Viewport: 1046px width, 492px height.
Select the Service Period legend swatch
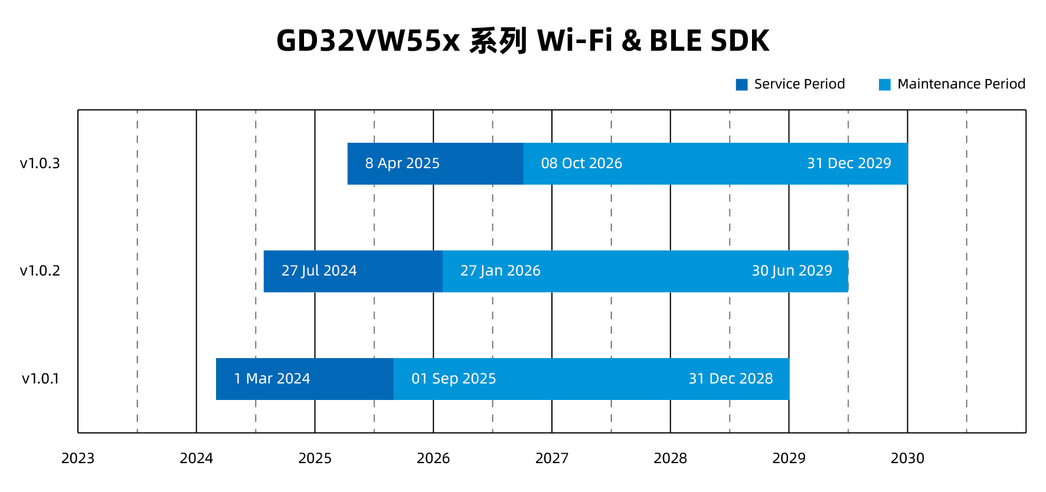tap(741, 84)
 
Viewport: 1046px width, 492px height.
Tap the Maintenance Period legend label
tap(961, 84)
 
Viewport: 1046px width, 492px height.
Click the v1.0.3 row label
tap(40, 163)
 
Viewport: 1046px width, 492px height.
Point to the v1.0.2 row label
tap(40, 271)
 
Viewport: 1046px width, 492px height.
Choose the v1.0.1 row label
tap(40, 379)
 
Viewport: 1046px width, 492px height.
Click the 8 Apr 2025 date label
tap(402, 163)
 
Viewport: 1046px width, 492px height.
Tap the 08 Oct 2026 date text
tap(581, 163)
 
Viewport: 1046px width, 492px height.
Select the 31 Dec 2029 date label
tap(849, 163)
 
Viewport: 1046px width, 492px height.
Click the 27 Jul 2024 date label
tap(319, 271)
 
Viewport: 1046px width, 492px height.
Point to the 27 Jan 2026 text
tap(500, 271)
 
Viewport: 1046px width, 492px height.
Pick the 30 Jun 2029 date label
tap(792, 271)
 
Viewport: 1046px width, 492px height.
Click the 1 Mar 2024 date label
tap(272, 379)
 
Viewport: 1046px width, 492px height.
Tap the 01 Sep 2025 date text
tap(453, 379)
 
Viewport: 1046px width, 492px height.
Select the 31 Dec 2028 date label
tap(731, 379)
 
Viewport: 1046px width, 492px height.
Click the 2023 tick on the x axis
tap(78, 458)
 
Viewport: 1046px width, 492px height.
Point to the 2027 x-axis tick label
tap(551, 458)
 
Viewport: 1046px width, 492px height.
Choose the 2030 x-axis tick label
tap(907, 458)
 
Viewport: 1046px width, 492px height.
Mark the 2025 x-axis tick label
tap(315, 458)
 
